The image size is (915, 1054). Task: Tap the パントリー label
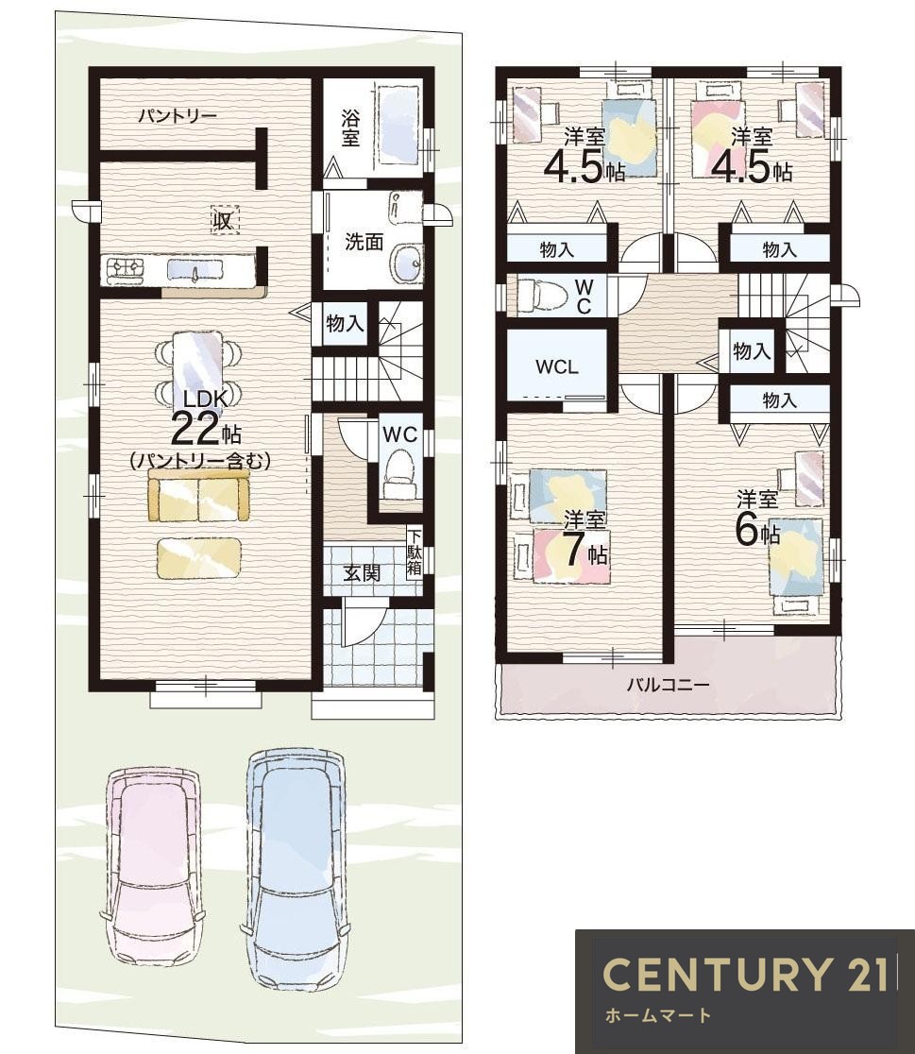click(x=178, y=116)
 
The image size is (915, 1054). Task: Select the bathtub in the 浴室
click(x=398, y=125)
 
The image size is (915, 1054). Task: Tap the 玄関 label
click(x=362, y=573)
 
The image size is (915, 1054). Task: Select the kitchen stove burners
click(x=125, y=270)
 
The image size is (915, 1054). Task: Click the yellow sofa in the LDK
click(x=199, y=496)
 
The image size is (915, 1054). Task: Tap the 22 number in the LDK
click(x=195, y=429)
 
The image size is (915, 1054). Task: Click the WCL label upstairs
click(x=557, y=367)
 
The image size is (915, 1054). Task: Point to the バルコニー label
click(x=668, y=685)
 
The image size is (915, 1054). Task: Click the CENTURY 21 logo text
click(x=745, y=974)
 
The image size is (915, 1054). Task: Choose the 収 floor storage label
click(x=224, y=219)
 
